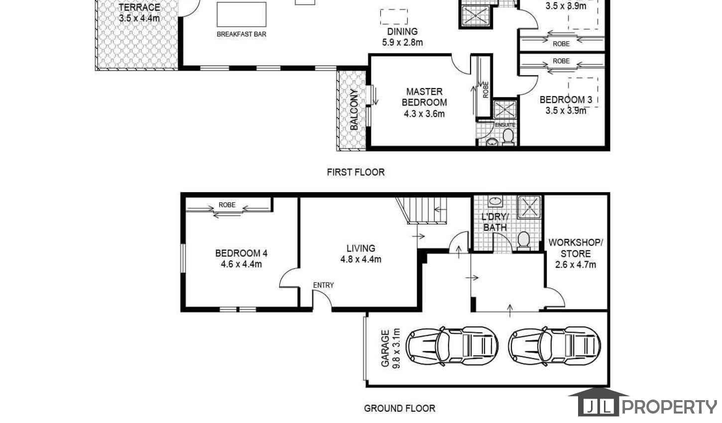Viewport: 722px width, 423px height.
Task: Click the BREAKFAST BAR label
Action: pos(241,34)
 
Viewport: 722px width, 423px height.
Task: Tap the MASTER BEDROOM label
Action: pos(424,97)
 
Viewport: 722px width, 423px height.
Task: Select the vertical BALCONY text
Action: pos(354,109)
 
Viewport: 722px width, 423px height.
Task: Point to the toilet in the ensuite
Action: pos(508,136)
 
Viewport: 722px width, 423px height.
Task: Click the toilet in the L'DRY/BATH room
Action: pos(523,241)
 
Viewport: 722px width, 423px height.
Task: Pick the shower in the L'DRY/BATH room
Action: pos(529,207)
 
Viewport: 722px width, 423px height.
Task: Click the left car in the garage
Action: pos(452,346)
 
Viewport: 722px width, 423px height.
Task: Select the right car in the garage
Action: pos(555,346)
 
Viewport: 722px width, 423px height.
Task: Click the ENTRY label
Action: pos(323,285)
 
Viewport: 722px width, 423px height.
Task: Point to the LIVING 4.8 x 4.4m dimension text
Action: pos(361,259)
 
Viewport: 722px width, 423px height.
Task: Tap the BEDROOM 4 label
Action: pos(241,253)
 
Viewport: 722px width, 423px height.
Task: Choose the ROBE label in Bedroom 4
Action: pos(227,205)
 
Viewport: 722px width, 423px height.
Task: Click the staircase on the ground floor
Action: pos(422,211)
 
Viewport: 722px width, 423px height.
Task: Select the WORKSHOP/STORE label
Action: pos(576,248)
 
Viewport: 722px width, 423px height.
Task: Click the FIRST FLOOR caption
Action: pos(356,172)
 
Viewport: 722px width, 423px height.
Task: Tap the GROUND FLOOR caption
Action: pos(400,409)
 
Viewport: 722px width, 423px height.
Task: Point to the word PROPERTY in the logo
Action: pos(669,407)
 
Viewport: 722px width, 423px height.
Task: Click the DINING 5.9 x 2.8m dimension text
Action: pos(402,42)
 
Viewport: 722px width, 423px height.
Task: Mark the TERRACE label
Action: pos(139,7)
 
